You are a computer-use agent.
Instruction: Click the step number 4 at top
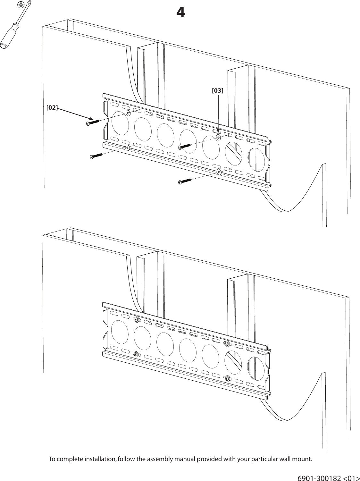pyautogui.click(x=180, y=13)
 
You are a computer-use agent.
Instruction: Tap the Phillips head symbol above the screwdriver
pyautogui.click(x=21, y=4)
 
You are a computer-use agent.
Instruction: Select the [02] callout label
pyautogui.click(x=52, y=107)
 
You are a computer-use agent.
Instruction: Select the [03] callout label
pyautogui.click(x=218, y=91)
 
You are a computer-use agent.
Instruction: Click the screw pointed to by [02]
pyautogui.click(x=93, y=122)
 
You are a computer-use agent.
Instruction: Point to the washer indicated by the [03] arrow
pyautogui.click(x=218, y=137)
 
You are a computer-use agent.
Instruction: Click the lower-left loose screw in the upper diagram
pyautogui.click(x=96, y=156)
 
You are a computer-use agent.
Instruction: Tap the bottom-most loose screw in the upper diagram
pyautogui.click(x=184, y=181)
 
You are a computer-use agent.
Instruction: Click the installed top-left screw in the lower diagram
pyautogui.click(x=137, y=320)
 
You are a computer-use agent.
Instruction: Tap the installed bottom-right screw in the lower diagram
pyautogui.click(x=227, y=378)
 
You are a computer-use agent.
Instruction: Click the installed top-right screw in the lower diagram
pyautogui.click(x=227, y=344)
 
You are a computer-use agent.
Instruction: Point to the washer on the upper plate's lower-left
pyautogui.click(x=128, y=148)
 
